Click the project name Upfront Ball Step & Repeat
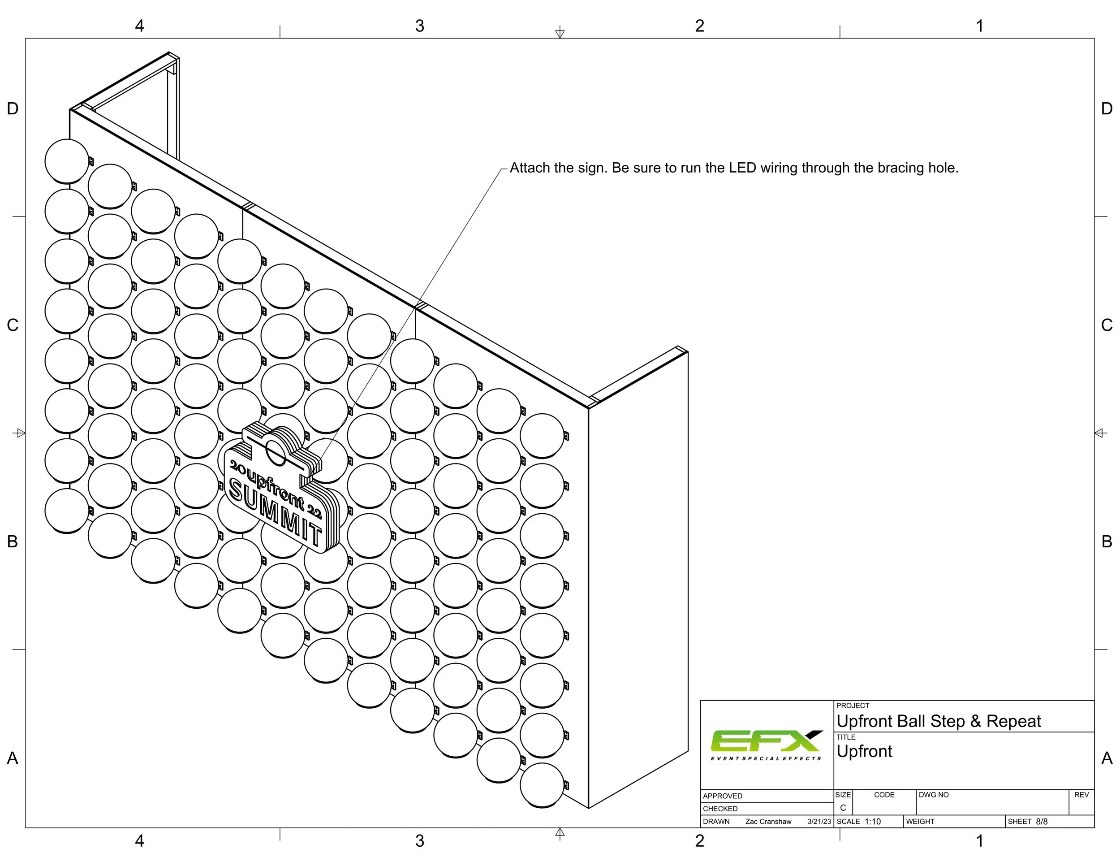[939, 721]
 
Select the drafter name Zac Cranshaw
[768, 821]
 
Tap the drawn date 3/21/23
[819, 821]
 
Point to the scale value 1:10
[872, 821]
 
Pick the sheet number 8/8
[1042, 821]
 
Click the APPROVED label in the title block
[723, 796]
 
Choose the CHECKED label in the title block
[720, 809]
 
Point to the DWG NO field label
[933, 795]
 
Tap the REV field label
[1081, 795]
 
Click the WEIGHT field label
[920, 821]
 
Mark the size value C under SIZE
[843, 808]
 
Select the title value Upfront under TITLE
[864, 752]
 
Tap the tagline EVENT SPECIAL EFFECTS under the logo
[766, 758]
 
